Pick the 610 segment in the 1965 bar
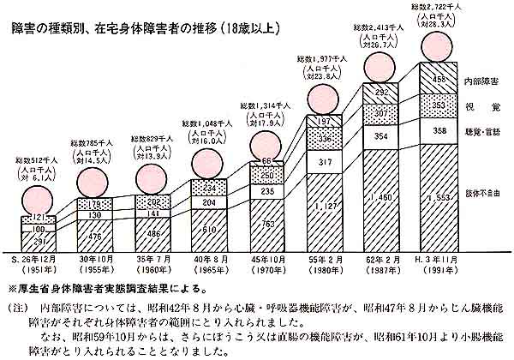[x=211, y=231]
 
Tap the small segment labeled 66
[x=268, y=161]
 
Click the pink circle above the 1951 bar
[x=39, y=184]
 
